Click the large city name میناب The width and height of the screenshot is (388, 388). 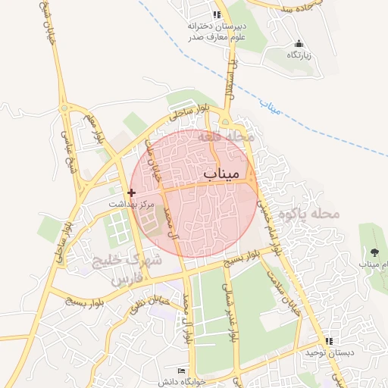coord(221,175)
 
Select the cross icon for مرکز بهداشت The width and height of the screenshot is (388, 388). coord(132,193)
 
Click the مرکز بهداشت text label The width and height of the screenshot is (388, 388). coord(131,205)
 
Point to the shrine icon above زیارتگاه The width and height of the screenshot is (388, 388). coord(298,44)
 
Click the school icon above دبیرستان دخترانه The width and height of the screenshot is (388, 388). coord(217,14)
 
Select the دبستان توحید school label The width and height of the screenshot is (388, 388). coord(325,352)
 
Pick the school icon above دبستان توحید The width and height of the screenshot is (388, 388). coord(329,341)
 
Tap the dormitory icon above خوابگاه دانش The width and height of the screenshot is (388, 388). coord(181,370)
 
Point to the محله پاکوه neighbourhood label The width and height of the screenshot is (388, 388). coord(307,214)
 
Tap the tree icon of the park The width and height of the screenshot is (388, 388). coord(375,252)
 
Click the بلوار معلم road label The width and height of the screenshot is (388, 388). coord(92,130)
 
